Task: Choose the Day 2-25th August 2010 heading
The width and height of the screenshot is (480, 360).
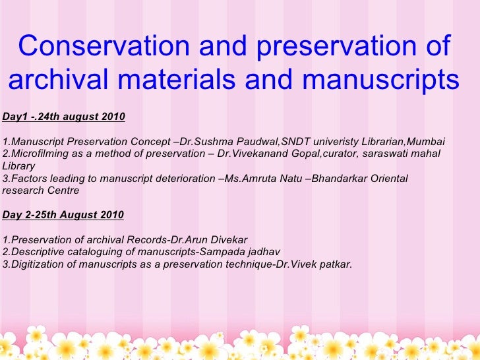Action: point(63,215)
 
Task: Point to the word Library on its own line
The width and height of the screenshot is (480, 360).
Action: point(19,167)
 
